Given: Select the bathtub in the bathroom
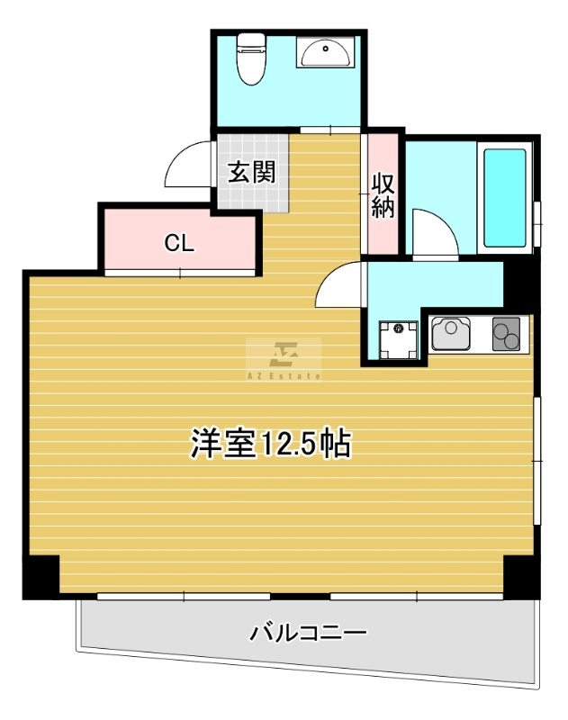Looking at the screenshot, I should tap(505, 197).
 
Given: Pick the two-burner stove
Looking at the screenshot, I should tap(507, 335).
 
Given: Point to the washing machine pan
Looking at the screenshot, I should tap(396, 338).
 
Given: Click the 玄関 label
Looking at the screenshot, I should tap(249, 171).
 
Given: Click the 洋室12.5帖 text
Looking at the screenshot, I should tap(270, 444).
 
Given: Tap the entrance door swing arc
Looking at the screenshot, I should tap(186, 165).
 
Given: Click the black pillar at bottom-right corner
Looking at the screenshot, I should tap(521, 576).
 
